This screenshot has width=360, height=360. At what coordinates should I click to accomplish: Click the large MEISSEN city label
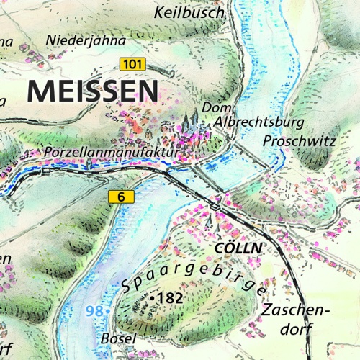pyautogui.click(x=92, y=91)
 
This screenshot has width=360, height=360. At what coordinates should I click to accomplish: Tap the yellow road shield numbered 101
pyautogui.click(x=132, y=64)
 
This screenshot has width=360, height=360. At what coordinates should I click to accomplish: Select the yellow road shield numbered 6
pyautogui.click(x=122, y=197)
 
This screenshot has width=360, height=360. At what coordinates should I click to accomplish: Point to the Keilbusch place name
pyautogui.click(x=189, y=12)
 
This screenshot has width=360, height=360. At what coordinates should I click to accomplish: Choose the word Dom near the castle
pyautogui.click(x=216, y=107)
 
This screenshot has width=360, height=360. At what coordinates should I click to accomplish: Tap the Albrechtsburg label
pyautogui.click(x=259, y=122)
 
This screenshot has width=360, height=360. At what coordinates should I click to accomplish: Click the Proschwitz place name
pyautogui.click(x=300, y=141)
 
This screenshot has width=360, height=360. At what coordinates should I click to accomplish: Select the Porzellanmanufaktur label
pyautogui.click(x=109, y=153)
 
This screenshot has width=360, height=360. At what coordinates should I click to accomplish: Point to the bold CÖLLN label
pyautogui.click(x=236, y=248)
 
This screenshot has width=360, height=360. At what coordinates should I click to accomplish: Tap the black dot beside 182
pyautogui.click(x=153, y=297)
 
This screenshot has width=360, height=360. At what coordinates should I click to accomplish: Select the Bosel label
pyautogui.click(x=119, y=338)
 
